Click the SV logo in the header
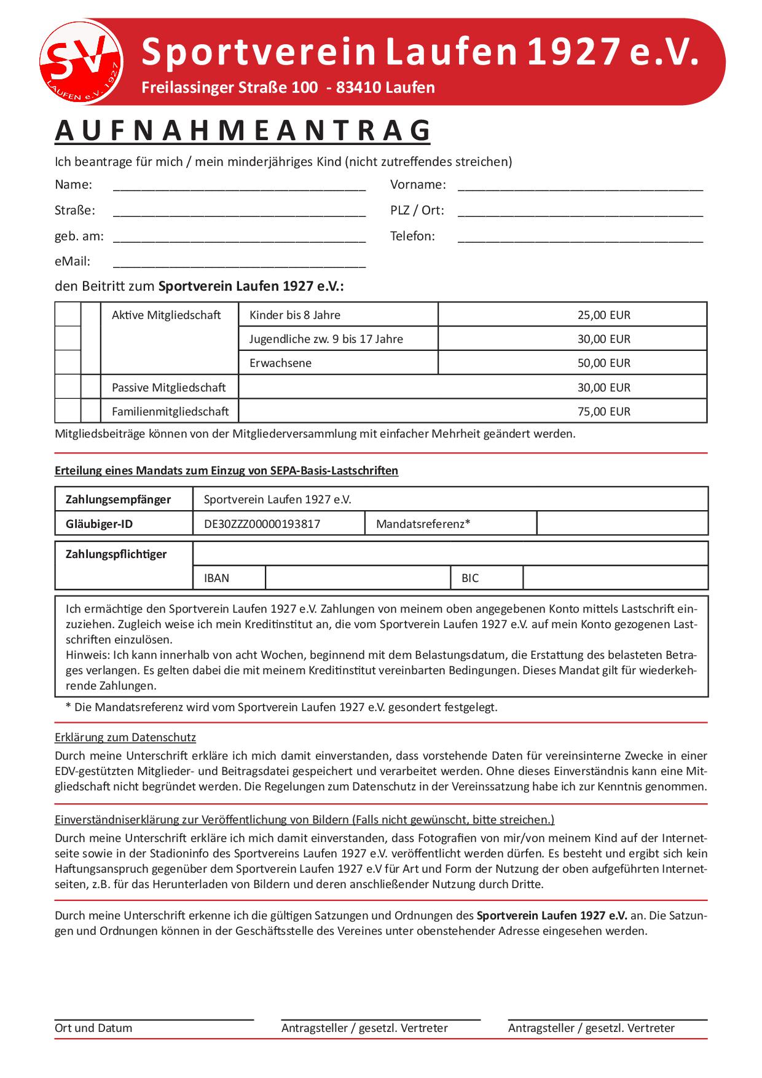pyautogui.click(x=81, y=61)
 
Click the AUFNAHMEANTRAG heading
pyautogui.click(x=243, y=130)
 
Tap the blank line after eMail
pyautogui.click(x=240, y=263)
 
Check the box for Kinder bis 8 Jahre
pyautogui.click(x=68, y=314)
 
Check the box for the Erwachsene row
pyautogui.click(x=68, y=362)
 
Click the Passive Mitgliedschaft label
pyautogui.click(x=168, y=387)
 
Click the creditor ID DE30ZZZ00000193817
pyautogui.click(x=262, y=524)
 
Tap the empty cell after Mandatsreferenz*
pyautogui.click(x=622, y=524)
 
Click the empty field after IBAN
pyautogui.click(x=358, y=578)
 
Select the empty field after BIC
pyautogui.click(x=615, y=578)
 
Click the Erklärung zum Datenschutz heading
pyautogui.click(x=125, y=737)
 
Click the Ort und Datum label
pyautogui.click(x=93, y=1028)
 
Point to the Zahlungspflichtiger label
pyautogui.click(x=116, y=554)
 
